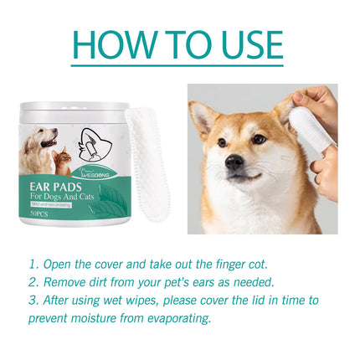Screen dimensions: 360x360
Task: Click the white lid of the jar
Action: pos(75,110)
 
